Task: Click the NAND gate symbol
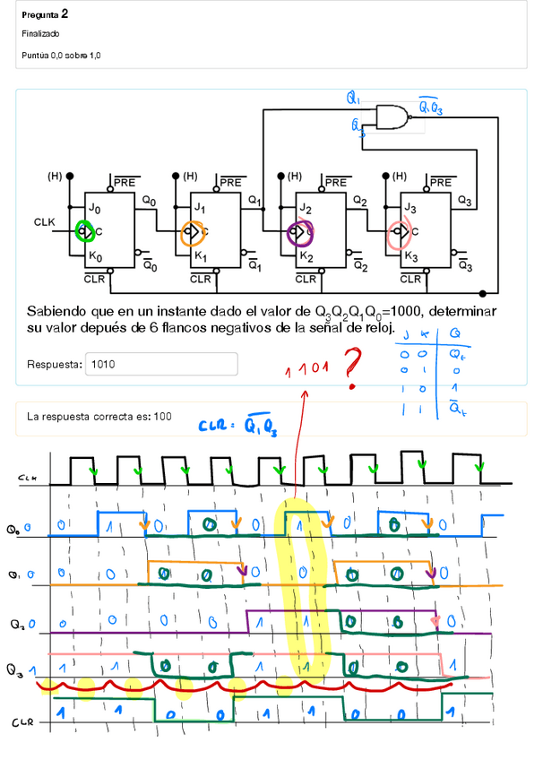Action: pyautogui.click(x=392, y=117)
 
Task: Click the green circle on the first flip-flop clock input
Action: pyautogui.click(x=85, y=231)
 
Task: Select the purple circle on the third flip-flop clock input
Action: pyautogui.click(x=298, y=232)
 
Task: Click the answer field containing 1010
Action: pyautogui.click(x=160, y=364)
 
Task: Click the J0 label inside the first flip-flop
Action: pyautogui.click(x=94, y=208)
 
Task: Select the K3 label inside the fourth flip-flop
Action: pyautogui.click(x=410, y=256)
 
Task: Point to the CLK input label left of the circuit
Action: pyautogui.click(x=45, y=220)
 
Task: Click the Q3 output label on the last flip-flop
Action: pyautogui.click(x=463, y=200)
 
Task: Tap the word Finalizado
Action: pyautogui.click(x=39, y=33)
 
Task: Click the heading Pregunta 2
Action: pyautogui.click(x=45, y=15)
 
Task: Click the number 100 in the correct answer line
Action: pyautogui.click(x=161, y=417)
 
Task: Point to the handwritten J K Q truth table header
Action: pyautogui.click(x=433, y=333)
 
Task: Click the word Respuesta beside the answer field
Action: pyautogui.click(x=53, y=364)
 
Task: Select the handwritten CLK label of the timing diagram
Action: pyautogui.click(x=28, y=479)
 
